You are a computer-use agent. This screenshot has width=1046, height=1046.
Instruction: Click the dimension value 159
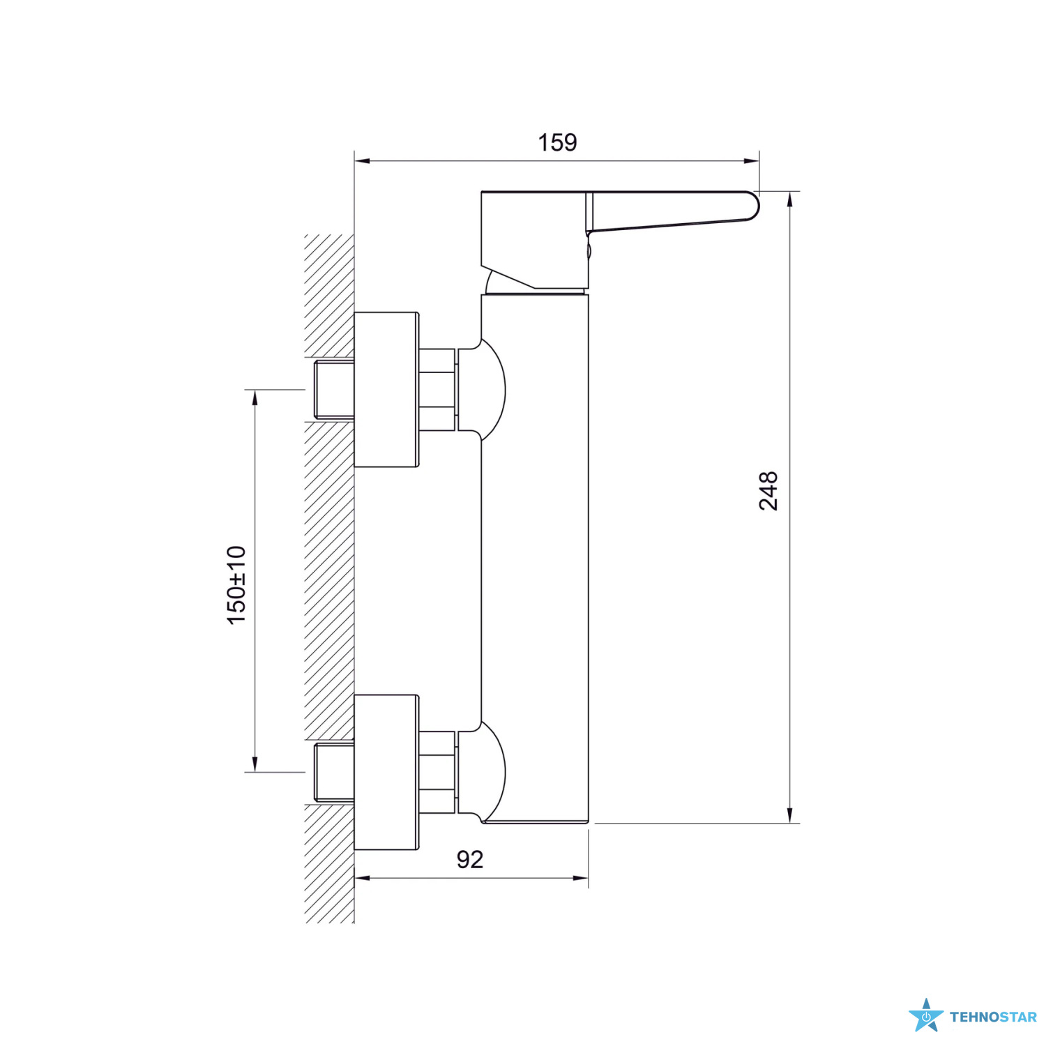click(x=557, y=142)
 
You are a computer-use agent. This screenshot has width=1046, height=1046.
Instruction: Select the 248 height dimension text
click(x=768, y=491)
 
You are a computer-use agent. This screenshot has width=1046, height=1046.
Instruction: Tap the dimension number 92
click(x=470, y=859)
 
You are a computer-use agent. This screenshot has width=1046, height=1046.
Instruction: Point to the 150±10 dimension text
click(x=236, y=585)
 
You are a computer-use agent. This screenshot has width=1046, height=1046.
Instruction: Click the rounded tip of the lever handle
click(x=755, y=206)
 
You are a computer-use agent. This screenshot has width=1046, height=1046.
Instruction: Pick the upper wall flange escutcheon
click(x=386, y=389)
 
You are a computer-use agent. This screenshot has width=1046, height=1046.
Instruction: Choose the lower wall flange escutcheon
click(x=386, y=773)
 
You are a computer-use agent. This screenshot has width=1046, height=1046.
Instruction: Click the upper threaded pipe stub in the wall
click(x=334, y=389)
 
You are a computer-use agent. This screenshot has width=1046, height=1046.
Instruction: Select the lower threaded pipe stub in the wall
click(x=334, y=772)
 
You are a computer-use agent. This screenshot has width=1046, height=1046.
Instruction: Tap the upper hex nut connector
click(x=438, y=389)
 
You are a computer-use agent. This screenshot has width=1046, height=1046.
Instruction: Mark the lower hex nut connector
click(x=438, y=772)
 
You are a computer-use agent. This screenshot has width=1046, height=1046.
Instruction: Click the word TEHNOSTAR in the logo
click(x=993, y=1017)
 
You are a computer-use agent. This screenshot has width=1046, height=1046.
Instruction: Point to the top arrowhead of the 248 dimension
click(x=790, y=199)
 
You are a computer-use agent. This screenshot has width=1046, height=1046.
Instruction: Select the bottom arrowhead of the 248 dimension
click(x=790, y=815)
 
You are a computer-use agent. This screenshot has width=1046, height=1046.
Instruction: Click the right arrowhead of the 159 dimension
click(x=752, y=161)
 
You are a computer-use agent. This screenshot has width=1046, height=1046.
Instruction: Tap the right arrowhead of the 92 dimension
click(x=580, y=878)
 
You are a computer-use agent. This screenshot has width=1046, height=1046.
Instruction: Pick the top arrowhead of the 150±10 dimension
click(x=255, y=397)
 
